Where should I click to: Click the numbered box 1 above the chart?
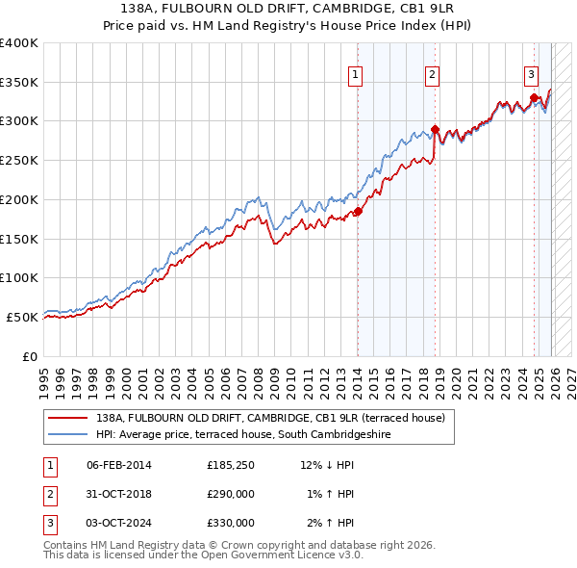coord(356,74)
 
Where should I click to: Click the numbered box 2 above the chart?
coord(433,74)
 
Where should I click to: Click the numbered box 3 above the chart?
coord(531,74)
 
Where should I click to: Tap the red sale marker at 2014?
coord(358,212)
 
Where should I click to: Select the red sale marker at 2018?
coord(435,129)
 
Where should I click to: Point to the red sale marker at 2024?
coord(534,97)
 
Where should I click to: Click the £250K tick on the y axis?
coord(19,161)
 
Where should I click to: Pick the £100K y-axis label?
coord(19,277)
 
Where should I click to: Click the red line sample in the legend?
coord(67,419)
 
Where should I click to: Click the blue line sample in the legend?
coord(67,435)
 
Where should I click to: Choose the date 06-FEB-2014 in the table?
coord(119,466)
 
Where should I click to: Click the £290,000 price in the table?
coord(231,495)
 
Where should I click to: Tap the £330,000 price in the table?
coord(231,524)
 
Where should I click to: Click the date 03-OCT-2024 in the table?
coord(119,524)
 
